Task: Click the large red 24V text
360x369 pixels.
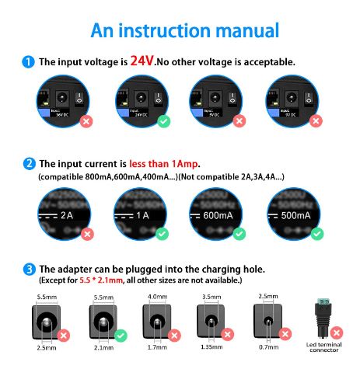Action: click(x=142, y=61)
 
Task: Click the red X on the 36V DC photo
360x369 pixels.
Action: click(x=86, y=121)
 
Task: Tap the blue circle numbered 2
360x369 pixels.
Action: click(x=29, y=163)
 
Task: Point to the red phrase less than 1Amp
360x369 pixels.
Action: click(x=166, y=163)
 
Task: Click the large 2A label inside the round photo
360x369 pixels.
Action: click(x=65, y=214)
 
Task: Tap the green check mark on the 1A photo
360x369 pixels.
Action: click(x=162, y=232)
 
